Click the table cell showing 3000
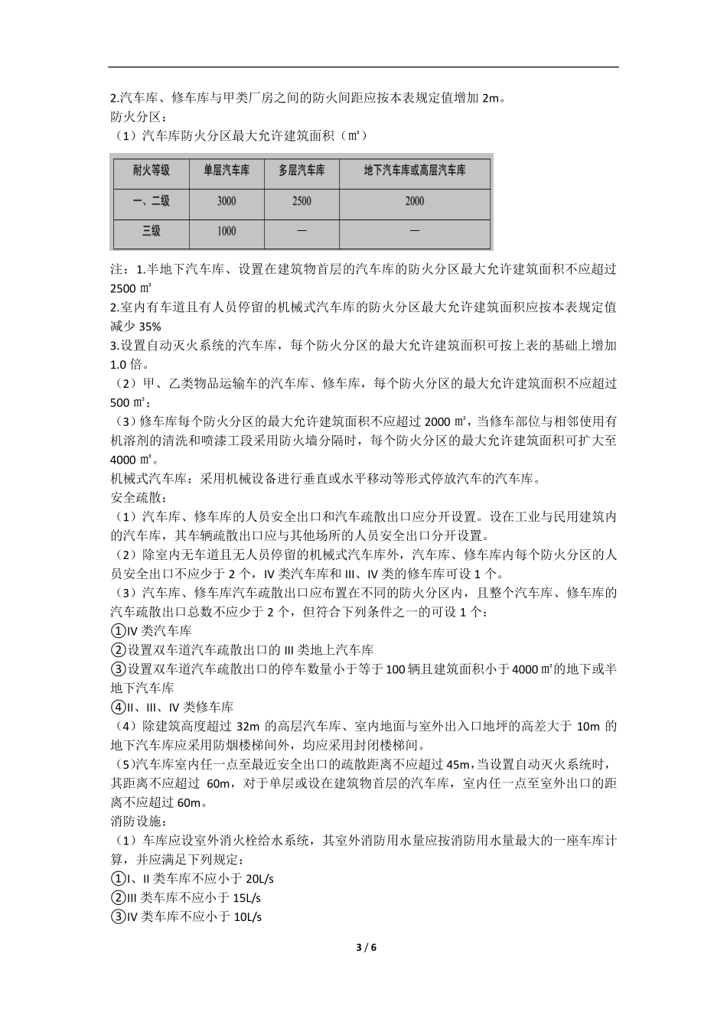click(x=226, y=201)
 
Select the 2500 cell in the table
click(x=302, y=201)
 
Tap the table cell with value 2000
click(x=414, y=201)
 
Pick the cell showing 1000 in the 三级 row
click(x=226, y=231)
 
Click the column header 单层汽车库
click(x=226, y=171)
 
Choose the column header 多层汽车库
click(x=302, y=171)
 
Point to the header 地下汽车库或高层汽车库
click(x=414, y=171)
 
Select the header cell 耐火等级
click(x=151, y=171)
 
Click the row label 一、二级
click(x=151, y=201)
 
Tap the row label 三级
click(x=151, y=231)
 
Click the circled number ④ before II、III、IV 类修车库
click(x=118, y=708)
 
